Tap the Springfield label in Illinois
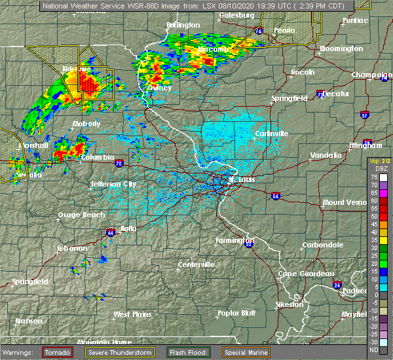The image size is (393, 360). pyautogui.click(x=290, y=98)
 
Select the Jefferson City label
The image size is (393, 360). pyautogui.click(x=113, y=184)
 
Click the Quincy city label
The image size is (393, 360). pyautogui.click(x=159, y=88)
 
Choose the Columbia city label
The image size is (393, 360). pyautogui.click(x=97, y=158)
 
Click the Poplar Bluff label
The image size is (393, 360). pyautogui.click(x=237, y=313)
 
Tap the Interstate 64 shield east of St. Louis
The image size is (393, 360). pyautogui.click(x=275, y=195)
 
